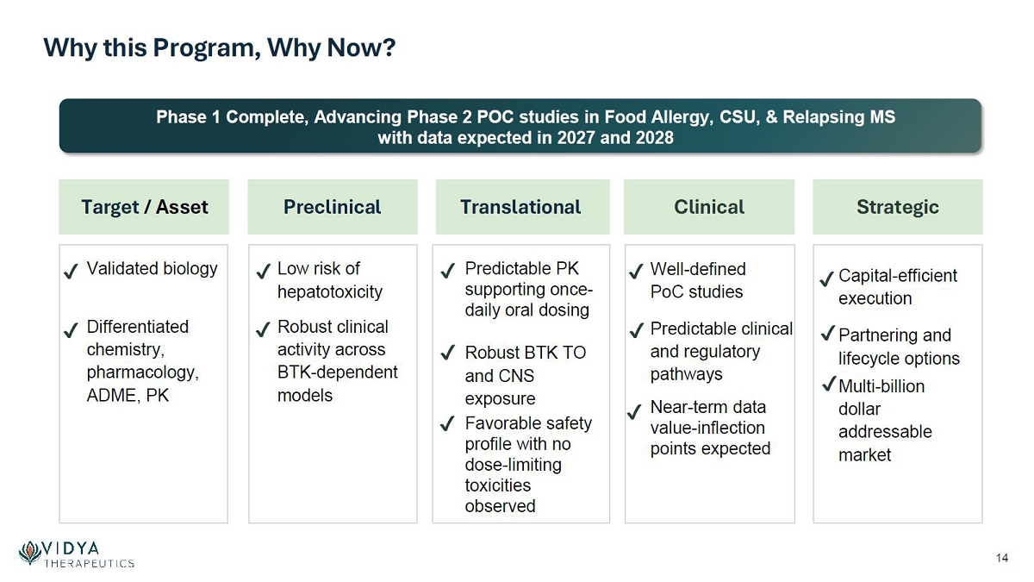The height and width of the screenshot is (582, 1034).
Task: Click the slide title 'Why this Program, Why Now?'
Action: pos(219,48)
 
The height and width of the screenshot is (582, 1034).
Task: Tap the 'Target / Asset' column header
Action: pos(145,207)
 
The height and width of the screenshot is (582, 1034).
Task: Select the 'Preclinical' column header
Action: pos(333,207)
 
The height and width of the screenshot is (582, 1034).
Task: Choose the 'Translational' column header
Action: pos(520,207)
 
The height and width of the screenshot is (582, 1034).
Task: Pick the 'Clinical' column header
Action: pos(709,207)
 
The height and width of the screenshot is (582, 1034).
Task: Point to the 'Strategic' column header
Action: pos(898,208)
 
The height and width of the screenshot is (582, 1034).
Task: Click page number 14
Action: pos(1001,558)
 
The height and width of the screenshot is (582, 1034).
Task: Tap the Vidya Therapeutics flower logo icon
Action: pos(30,553)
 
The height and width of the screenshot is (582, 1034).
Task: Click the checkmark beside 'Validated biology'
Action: pos(71,271)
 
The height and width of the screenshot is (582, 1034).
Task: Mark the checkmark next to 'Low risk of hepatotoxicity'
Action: pos(263,271)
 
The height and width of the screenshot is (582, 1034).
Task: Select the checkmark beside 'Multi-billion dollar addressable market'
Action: pos(830,384)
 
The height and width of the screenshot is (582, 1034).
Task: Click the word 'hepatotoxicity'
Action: pos(329,292)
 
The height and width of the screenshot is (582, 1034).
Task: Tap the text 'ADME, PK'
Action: pos(128,396)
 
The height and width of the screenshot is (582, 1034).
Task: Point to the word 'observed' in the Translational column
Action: pos(500,506)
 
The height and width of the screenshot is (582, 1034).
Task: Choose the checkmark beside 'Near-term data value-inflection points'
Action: pos(635,411)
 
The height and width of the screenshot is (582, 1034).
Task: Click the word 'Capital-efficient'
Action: pos(898,276)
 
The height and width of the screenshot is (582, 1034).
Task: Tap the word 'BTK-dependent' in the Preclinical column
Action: pos(337,372)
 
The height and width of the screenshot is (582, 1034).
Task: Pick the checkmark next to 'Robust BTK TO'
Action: pos(448,353)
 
